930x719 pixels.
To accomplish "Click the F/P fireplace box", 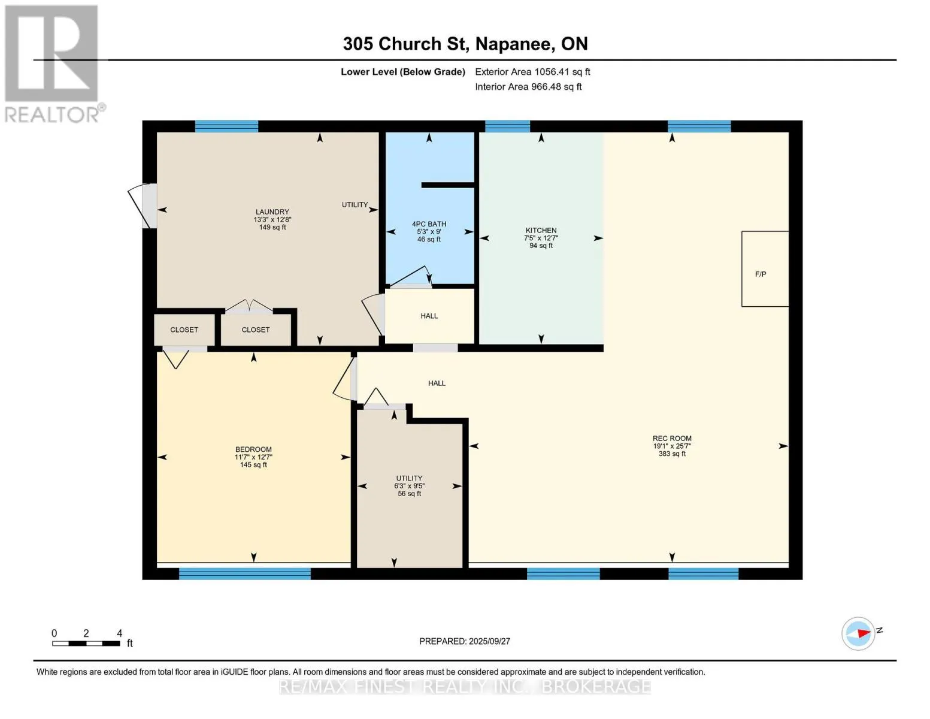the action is (765, 269).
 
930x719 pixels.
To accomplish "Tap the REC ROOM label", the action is (672, 439).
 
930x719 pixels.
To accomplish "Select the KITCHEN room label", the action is (541, 231).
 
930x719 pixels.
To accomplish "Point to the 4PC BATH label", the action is (429, 224).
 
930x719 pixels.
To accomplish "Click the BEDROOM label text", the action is (253, 449).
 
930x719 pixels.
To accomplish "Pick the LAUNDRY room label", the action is (272, 212).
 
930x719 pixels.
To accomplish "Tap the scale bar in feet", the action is (86, 643).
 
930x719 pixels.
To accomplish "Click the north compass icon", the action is (858, 634).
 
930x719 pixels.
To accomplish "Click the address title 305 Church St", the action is (465, 44).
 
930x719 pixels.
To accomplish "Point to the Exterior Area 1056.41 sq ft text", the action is (532, 72).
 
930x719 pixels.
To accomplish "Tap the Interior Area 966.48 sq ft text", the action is (528, 86).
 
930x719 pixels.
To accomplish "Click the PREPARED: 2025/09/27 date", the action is (465, 641).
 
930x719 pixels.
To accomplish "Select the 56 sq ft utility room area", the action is (409, 494).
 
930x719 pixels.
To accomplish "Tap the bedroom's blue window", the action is (244, 573).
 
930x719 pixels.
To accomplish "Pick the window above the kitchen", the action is (507, 126).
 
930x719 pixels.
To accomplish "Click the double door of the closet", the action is (249, 306).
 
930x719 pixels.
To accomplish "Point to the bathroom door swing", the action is (410, 277).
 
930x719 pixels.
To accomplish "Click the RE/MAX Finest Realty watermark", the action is (465, 687).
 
